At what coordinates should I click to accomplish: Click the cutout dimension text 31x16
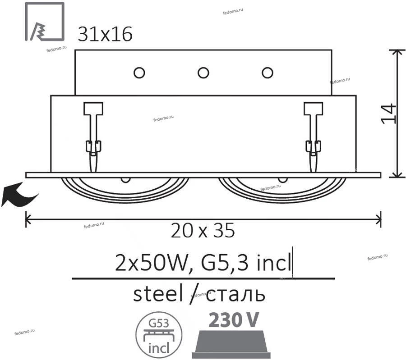[105, 34]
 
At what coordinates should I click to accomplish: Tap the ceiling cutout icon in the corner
[45, 22]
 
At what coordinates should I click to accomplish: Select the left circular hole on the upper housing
[139, 73]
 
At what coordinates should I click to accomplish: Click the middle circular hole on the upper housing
[203, 73]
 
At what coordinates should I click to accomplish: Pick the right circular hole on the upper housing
[268, 73]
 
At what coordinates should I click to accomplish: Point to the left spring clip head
[93, 109]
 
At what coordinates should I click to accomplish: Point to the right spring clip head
[314, 109]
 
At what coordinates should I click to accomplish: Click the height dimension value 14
[388, 114]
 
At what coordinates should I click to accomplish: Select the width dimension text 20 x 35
[203, 230]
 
